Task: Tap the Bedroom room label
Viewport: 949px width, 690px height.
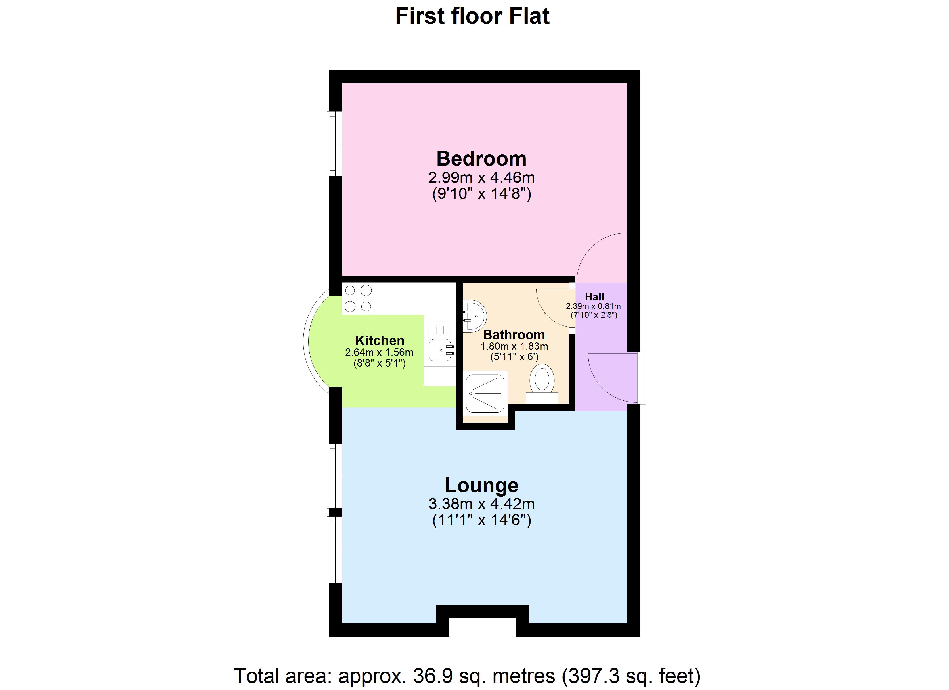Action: (x=481, y=159)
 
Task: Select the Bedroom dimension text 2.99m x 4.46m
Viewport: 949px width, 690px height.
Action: (x=481, y=178)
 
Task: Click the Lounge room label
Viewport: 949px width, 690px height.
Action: (x=481, y=485)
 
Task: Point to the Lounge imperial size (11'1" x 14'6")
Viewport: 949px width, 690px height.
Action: (x=481, y=520)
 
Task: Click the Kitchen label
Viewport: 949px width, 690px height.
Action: (x=380, y=340)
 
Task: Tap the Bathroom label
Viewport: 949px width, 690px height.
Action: (x=514, y=335)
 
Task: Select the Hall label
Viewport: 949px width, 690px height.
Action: (x=594, y=297)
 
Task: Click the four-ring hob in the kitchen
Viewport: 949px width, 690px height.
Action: (x=358, y=298)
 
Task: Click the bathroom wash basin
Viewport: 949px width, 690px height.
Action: (x=475, y=316)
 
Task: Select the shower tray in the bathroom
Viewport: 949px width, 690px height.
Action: (x=485, y=393)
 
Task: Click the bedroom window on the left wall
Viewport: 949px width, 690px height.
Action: (x=334, y=143)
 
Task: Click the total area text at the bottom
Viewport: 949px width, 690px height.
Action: (x=466, y=675)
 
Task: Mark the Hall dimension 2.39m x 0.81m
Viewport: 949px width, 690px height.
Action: (x=593, y=306)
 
